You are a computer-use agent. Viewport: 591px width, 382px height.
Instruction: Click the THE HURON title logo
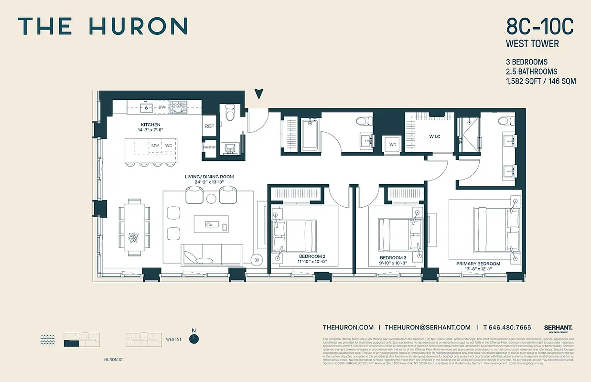[102, 26]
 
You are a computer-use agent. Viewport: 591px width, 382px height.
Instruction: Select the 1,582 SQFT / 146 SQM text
[540, 81]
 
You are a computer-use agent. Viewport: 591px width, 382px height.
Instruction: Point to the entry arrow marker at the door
[258, 94]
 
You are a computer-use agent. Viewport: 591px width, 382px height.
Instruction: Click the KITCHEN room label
[150, 124]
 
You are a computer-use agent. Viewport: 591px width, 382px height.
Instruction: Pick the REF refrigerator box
[209, 127]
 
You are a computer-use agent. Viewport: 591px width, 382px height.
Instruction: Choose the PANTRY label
[209, 148]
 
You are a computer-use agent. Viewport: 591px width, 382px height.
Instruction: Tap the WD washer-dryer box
[393, 145]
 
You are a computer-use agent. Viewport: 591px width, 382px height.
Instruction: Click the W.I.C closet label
[434, 137]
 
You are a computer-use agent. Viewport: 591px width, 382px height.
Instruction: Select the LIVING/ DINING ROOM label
[209, 177]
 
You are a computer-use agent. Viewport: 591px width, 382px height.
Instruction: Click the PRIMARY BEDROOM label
[478, 264]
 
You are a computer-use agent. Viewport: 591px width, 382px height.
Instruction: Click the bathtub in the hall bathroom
[312, 135]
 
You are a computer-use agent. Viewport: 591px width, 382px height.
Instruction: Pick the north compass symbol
[193, 338]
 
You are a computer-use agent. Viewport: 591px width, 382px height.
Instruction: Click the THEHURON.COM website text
[348, 327]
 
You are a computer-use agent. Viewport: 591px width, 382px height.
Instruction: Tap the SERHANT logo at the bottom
[558, 328]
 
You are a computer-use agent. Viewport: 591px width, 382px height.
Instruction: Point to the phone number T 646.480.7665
[507, 327]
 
